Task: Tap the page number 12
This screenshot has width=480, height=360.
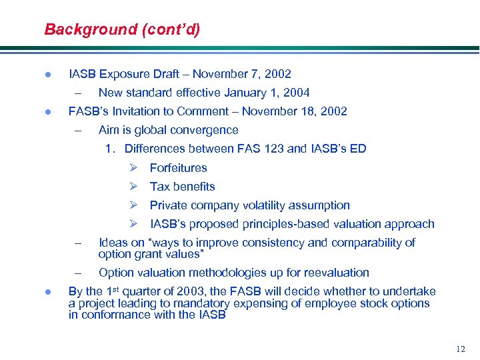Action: coord(460,349)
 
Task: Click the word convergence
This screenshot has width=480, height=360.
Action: coord(205,130)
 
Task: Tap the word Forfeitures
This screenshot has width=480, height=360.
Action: coord(178,168)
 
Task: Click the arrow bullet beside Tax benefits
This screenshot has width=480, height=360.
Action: coord(133,187)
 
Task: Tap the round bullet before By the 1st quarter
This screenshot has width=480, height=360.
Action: coord(47,292)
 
